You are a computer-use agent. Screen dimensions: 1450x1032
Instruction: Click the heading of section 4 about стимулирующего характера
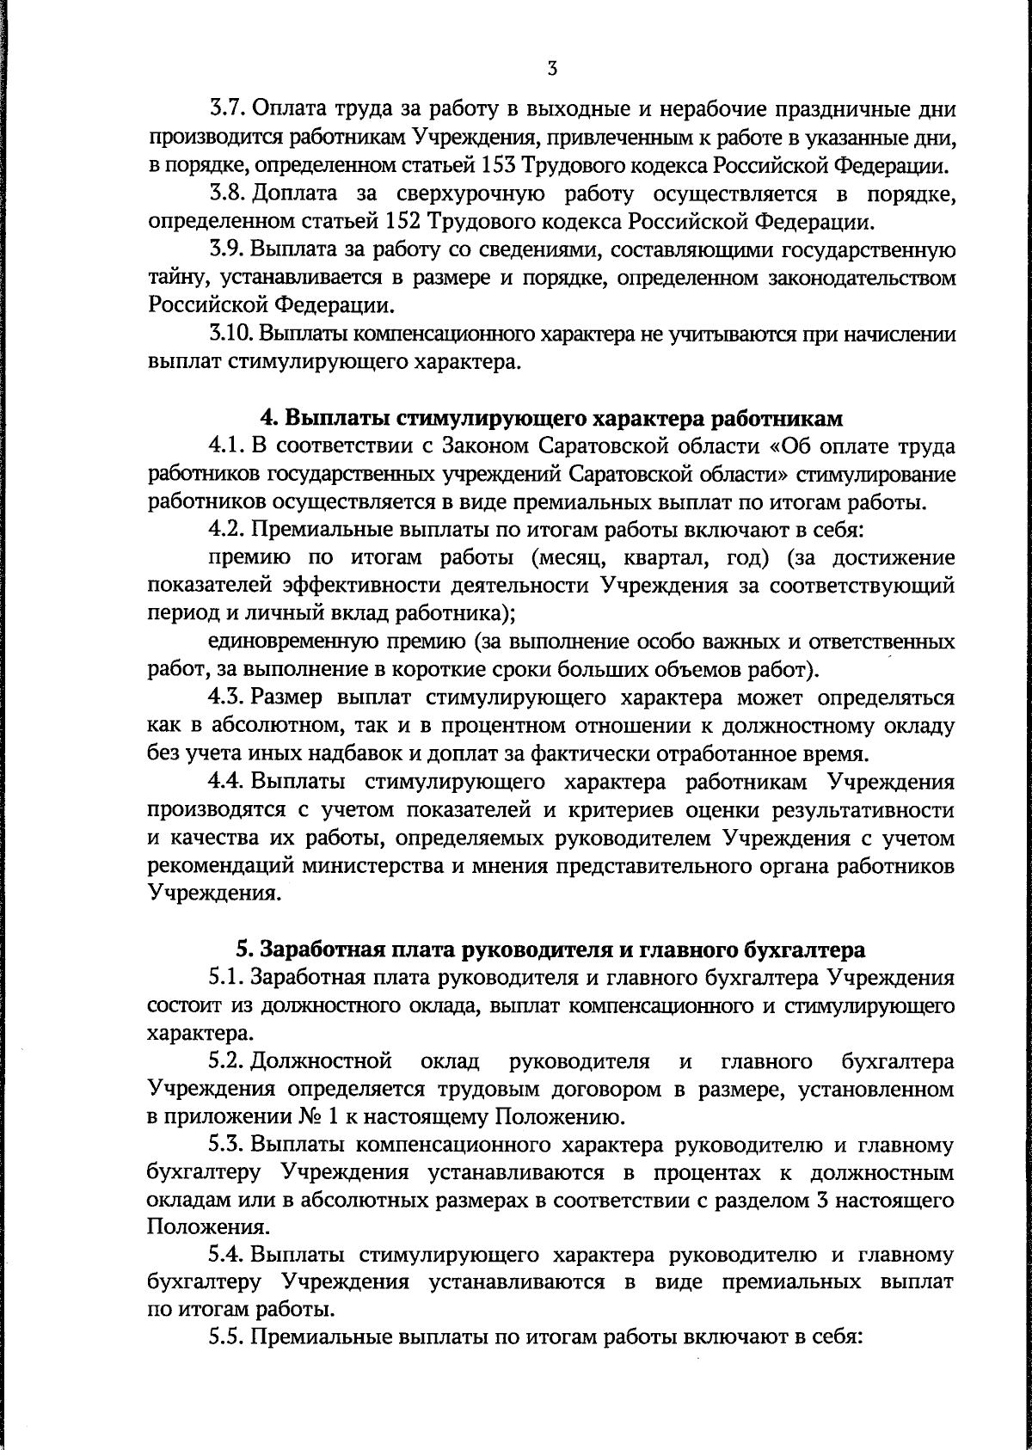coord(551,419)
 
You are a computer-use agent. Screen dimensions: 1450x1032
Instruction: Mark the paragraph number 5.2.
coord(228,1060)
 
